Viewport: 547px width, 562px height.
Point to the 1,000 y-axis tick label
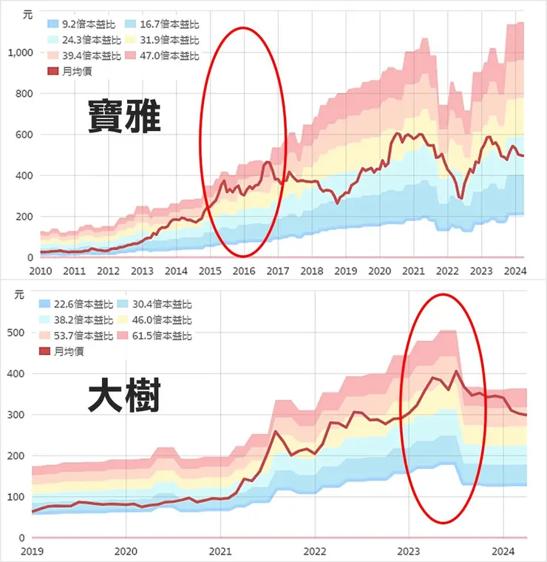(20, 53)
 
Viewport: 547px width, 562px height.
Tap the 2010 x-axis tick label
(40, 271)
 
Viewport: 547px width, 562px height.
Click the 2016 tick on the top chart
(243, 271)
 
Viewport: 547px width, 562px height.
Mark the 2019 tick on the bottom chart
(32, 551)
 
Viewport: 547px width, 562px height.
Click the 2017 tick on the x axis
(278, 271)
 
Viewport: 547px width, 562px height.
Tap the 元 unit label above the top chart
(28, 14)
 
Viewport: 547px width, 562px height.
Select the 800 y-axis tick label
(24, 94)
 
